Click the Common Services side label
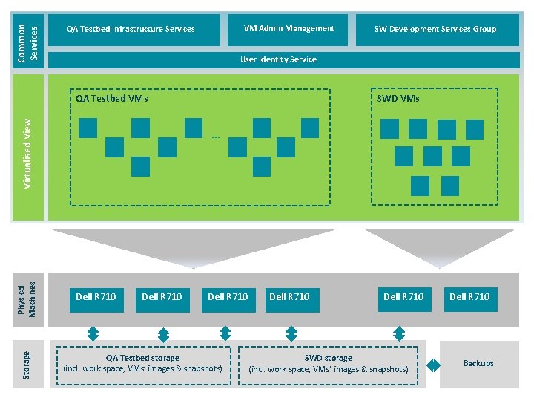pyautogui.click(x=29, y=42)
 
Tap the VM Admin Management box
pyautogui.click(x=289, y=29)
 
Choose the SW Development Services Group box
pyautogui.click(x=435, y=30)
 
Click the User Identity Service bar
pyautogui.click(x=278, y=59)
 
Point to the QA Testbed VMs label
pyautogui.click(x=112, y=98)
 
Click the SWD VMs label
pyautogui.click(x=398, y=98)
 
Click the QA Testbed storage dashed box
pyautogui.click(x=142, y=364)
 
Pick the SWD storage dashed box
pyautogui.click(x=328, y=364)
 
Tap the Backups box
pyautogui.click(x=478, y=363)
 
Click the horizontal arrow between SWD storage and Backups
pyautogui.click(x=433, y=365)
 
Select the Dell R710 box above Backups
pyautogui.click(x=469, y=297)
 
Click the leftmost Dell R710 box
pyautogui.click(x=96, y=297)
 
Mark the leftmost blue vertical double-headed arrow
pyautogui.click(x=92, y=333)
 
